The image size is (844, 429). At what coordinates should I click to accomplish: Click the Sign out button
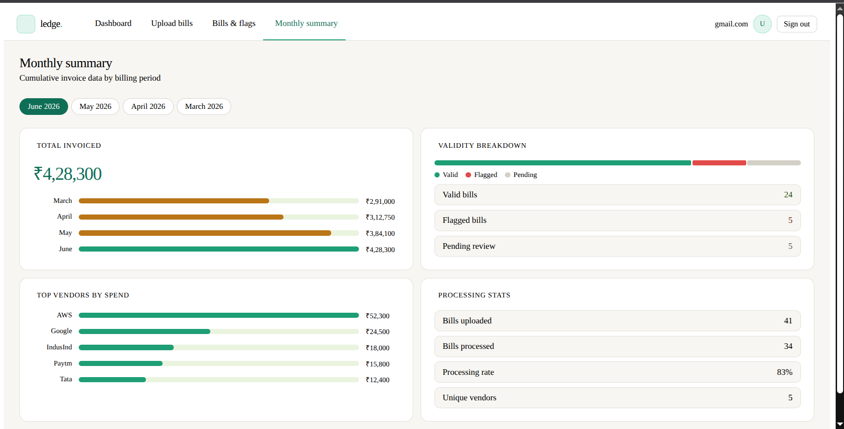click(x=796, y=24)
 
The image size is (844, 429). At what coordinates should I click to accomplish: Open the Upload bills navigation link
click(x=172, y=23)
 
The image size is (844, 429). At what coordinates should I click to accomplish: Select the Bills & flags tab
click(x=234, y=23)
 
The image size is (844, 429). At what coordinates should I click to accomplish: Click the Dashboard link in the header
click(x=113, y=23)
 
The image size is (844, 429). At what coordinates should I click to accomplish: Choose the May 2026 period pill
click(x=95, y=107)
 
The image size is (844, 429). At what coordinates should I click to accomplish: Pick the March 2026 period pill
click(x=204, y=107)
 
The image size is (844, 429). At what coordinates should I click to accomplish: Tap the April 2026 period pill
click(x=148, y=107)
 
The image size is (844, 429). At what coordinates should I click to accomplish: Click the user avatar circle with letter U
click(x=762, y=24)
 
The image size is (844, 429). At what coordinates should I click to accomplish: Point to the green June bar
click(x=219, y=249)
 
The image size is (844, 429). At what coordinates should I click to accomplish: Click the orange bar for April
click(x=181, y=217)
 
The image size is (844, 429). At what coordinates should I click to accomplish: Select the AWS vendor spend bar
click(x=219, y=315)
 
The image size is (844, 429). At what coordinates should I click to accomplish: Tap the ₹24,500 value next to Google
click(x=378, y=332)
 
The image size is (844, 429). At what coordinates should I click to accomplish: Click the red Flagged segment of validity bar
click(x=719, y=163)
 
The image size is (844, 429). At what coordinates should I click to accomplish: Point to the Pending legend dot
click(x=508, y=175)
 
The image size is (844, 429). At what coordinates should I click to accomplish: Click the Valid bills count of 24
click(x=788, y=195)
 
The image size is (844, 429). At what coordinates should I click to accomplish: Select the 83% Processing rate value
click(x=785, y=372)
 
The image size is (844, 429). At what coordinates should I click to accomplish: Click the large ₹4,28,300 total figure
click(x=68, y=174)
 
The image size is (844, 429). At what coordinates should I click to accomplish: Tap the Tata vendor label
click(x=66, y=379)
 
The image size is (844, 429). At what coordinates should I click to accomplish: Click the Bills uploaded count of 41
click(x=788, y=321)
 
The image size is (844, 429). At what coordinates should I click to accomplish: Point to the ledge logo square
click(x=26, y=24)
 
